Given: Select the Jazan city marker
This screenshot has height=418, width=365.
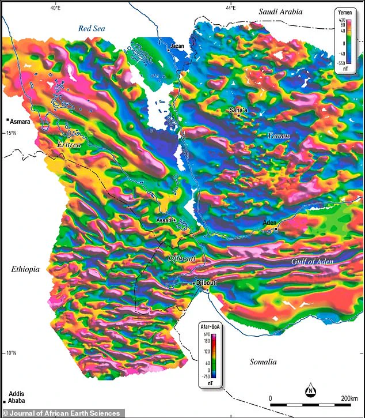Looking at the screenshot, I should coord(168,51).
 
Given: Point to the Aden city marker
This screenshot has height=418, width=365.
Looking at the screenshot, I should coord(276,229).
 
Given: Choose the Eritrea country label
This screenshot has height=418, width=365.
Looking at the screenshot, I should coord(68,146).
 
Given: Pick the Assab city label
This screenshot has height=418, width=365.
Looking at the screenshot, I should coord(164,220).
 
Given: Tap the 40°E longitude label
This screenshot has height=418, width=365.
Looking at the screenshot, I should coord(55,7).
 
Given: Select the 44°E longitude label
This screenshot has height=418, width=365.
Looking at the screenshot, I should coord(230,7).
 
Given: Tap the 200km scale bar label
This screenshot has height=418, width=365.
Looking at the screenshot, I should coord(349,398).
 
